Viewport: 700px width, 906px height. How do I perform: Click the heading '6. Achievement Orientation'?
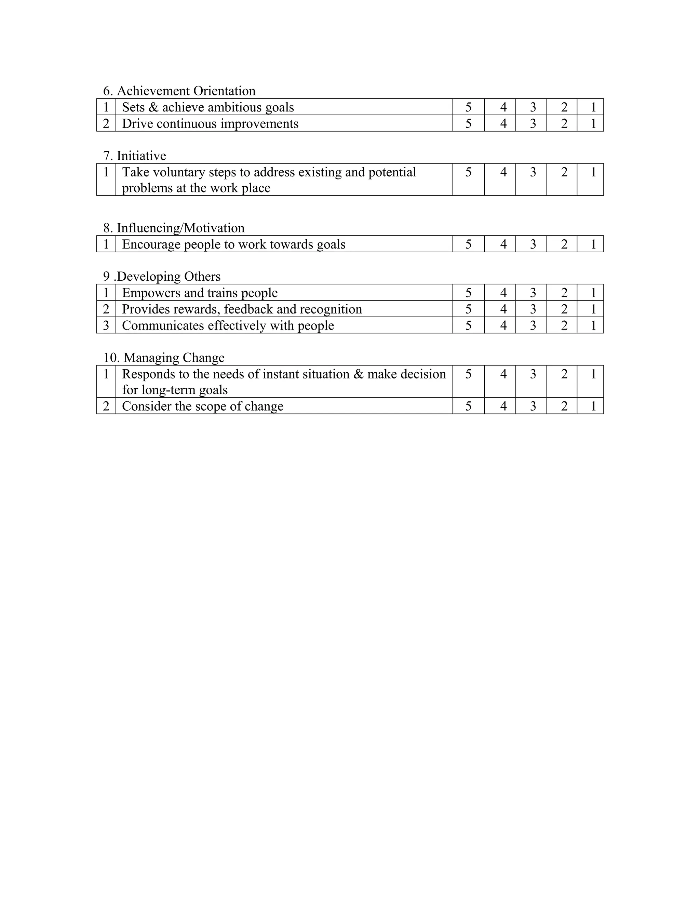179,91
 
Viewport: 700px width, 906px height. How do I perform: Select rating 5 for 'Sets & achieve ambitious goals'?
468,107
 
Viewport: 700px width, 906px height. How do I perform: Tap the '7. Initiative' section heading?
134,156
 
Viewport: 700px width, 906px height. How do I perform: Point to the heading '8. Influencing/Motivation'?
174,228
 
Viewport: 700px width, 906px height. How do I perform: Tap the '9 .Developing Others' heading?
162,277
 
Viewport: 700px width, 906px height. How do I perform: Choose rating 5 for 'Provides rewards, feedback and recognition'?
468,309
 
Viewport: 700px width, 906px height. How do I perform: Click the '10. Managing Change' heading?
164,358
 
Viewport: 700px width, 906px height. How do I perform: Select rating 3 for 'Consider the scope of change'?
533,406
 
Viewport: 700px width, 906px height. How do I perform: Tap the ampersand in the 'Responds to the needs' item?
358,374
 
